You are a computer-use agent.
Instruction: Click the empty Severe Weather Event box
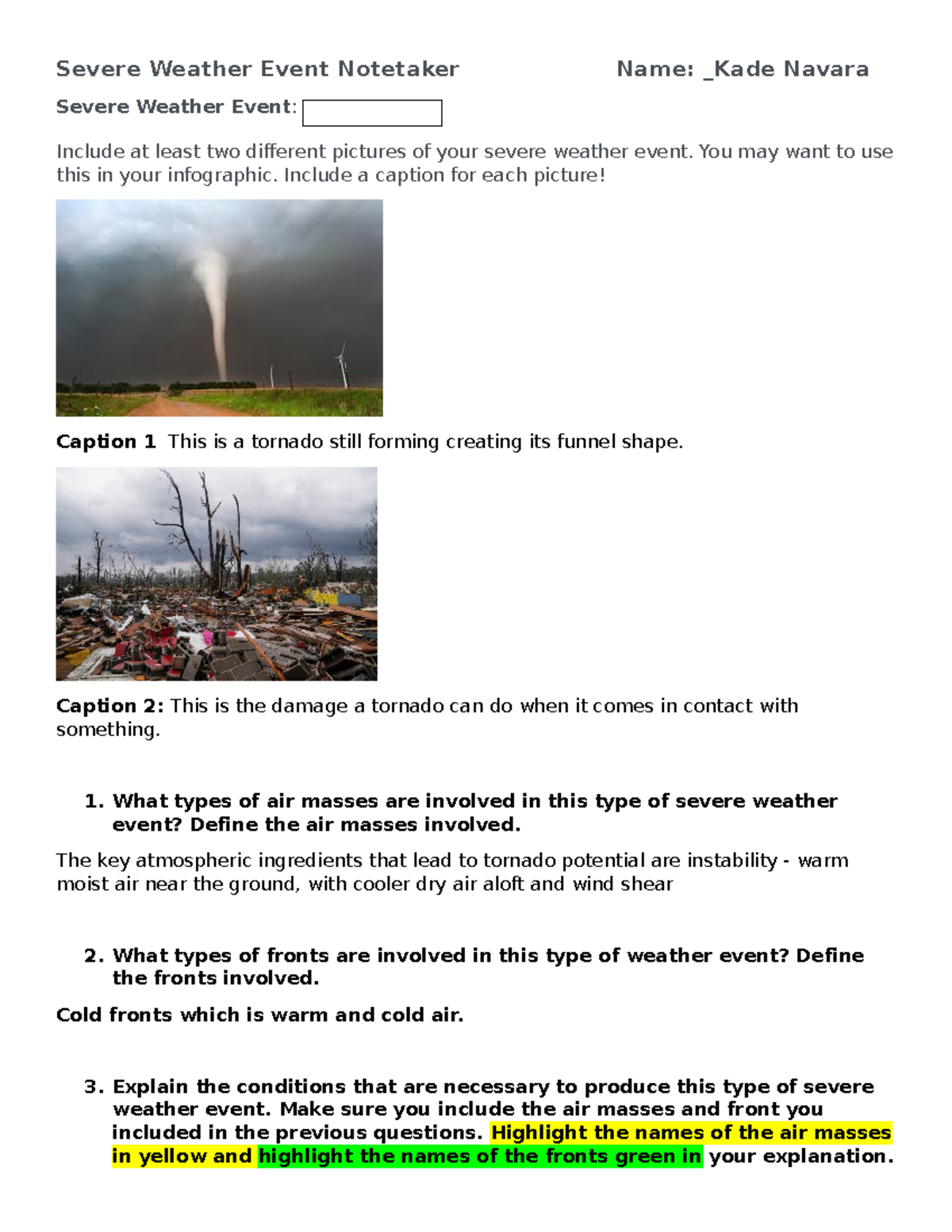coord(372,113)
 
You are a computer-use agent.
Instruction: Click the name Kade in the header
coord(746,70)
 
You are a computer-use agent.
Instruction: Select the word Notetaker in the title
coord(398,70)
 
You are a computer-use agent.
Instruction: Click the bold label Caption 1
coord(106,442)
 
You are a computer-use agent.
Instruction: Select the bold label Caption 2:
coord(109,706)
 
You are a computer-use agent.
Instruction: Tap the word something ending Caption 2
coord(107,730)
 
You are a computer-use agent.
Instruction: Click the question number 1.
coord(94,801)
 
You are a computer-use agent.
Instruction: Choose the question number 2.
coord(94,955)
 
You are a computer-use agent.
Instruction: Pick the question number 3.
coord(94,1087)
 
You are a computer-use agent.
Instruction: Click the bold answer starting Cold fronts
coord(259,1015)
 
